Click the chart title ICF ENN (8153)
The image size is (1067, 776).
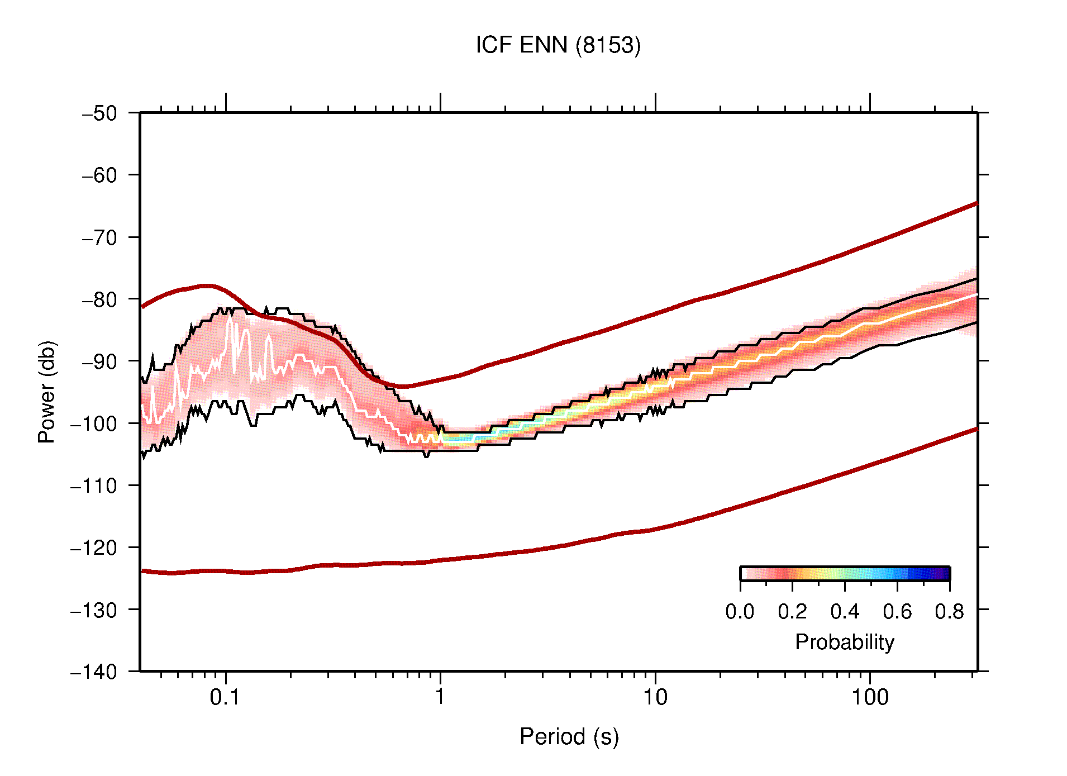click(x=558, y=45)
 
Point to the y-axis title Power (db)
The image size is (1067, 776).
click(x=47, y=392)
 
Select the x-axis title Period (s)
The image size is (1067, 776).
click(x=569, y=737)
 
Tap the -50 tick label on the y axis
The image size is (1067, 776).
click(x=99, y=113)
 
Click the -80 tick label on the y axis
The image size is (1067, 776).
click(x=99, y=299)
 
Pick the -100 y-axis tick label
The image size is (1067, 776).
click(x=94, y=423)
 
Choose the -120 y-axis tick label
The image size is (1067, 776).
click(x=94, y=548)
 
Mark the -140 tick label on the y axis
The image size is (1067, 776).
click(x=94, y=672)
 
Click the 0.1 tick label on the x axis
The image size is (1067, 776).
click(x=225, y=697)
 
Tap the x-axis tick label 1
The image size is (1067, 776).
click(x=440, y=697)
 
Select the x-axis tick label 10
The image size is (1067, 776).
click(x=655, y=697)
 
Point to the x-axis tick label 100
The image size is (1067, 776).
click(x=869, y=697)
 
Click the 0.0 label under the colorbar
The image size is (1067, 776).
click(x=740, y=612)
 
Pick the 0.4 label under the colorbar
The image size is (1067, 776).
click(x=845, y=612)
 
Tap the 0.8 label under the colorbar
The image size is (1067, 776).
click(x=949, y=612)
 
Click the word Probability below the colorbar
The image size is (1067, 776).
click(x=844, y=642)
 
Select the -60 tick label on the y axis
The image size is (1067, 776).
click(x=99, y=175)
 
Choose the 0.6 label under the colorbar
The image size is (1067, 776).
click(x=897, y=612)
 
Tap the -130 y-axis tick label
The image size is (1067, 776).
click(x=94, y=610)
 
